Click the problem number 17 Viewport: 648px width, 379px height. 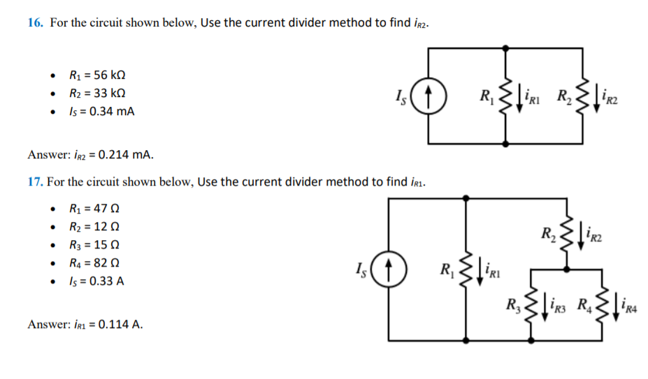36,182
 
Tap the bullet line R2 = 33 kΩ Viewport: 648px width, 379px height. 97,93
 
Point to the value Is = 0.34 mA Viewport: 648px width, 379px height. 101,110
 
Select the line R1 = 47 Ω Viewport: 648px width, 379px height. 94,209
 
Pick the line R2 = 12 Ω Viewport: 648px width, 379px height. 94,227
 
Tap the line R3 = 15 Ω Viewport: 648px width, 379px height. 94,245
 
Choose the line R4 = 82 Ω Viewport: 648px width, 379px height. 94,263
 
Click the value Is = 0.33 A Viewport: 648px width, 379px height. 97,281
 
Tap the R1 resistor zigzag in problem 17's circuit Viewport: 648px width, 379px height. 464,269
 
